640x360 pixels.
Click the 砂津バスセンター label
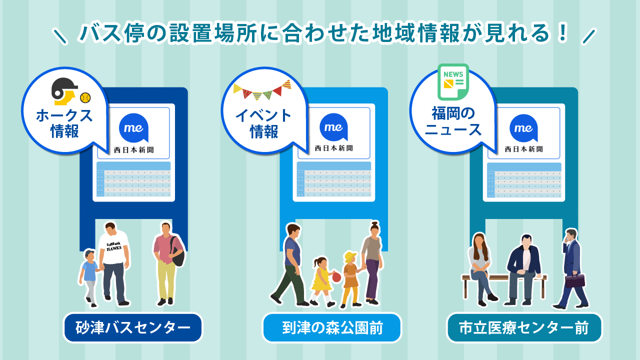133,328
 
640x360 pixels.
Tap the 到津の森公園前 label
332,328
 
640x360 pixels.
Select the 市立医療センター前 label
524,328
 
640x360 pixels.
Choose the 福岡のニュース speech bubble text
453,122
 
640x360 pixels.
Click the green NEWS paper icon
453,81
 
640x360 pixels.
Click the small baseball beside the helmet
85,96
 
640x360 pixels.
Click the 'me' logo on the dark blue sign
133,128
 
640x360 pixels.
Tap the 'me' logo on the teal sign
523,128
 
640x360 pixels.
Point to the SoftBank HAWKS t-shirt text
114,246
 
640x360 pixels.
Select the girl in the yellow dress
321,280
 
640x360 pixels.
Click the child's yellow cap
349,257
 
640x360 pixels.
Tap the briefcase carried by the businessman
575,280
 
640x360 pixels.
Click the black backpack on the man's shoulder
178,252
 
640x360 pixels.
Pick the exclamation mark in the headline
563,33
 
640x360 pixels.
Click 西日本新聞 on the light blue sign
333,148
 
